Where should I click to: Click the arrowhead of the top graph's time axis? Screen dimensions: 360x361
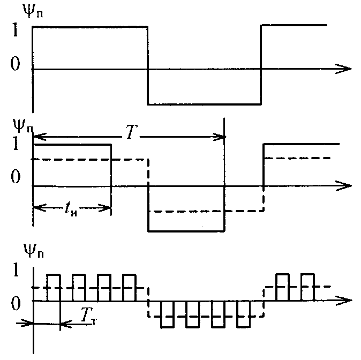[345, 69]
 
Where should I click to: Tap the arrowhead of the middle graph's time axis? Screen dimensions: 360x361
[345, 185]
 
